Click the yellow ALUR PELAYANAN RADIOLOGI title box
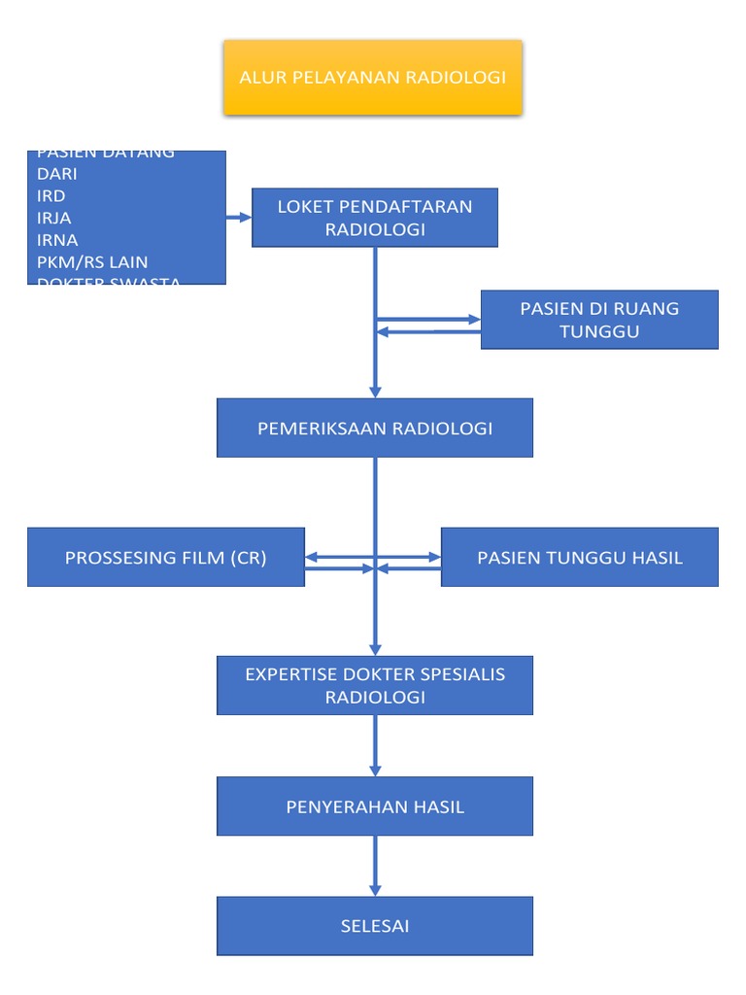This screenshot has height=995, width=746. tap(373, 78)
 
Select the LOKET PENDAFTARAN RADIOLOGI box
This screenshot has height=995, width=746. tap(375, 218)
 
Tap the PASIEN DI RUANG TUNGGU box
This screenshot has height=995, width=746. tap(599, 320)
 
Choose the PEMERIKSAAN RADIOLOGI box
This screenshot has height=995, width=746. tap(375, 428)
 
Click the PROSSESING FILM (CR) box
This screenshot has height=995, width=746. tap(166, 558)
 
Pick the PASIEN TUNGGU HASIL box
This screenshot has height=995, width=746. tap(580, 558)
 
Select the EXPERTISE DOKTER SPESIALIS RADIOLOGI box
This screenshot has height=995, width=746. tap(375, 685)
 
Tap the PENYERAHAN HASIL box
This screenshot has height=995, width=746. tap(375, 806)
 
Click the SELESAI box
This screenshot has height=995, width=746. tap(375, 926)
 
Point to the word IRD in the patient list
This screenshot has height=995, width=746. tap(51, 196)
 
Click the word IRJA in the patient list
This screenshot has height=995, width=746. tap(53, 218)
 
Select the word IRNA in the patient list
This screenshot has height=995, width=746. tap(57, 240)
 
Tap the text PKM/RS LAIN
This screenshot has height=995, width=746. tap(92, 262)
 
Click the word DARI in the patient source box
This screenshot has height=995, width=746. tap(56, 175)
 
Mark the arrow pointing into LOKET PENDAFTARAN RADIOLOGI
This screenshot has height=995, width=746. tap(240, 218)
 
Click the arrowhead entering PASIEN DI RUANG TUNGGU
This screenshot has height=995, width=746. tap(474, 319)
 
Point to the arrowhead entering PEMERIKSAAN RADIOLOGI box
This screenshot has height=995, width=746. tap(375, 391)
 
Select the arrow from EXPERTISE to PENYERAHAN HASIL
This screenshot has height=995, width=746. tap(375, 746)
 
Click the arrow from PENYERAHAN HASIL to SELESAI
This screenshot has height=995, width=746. tap(375, 866)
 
